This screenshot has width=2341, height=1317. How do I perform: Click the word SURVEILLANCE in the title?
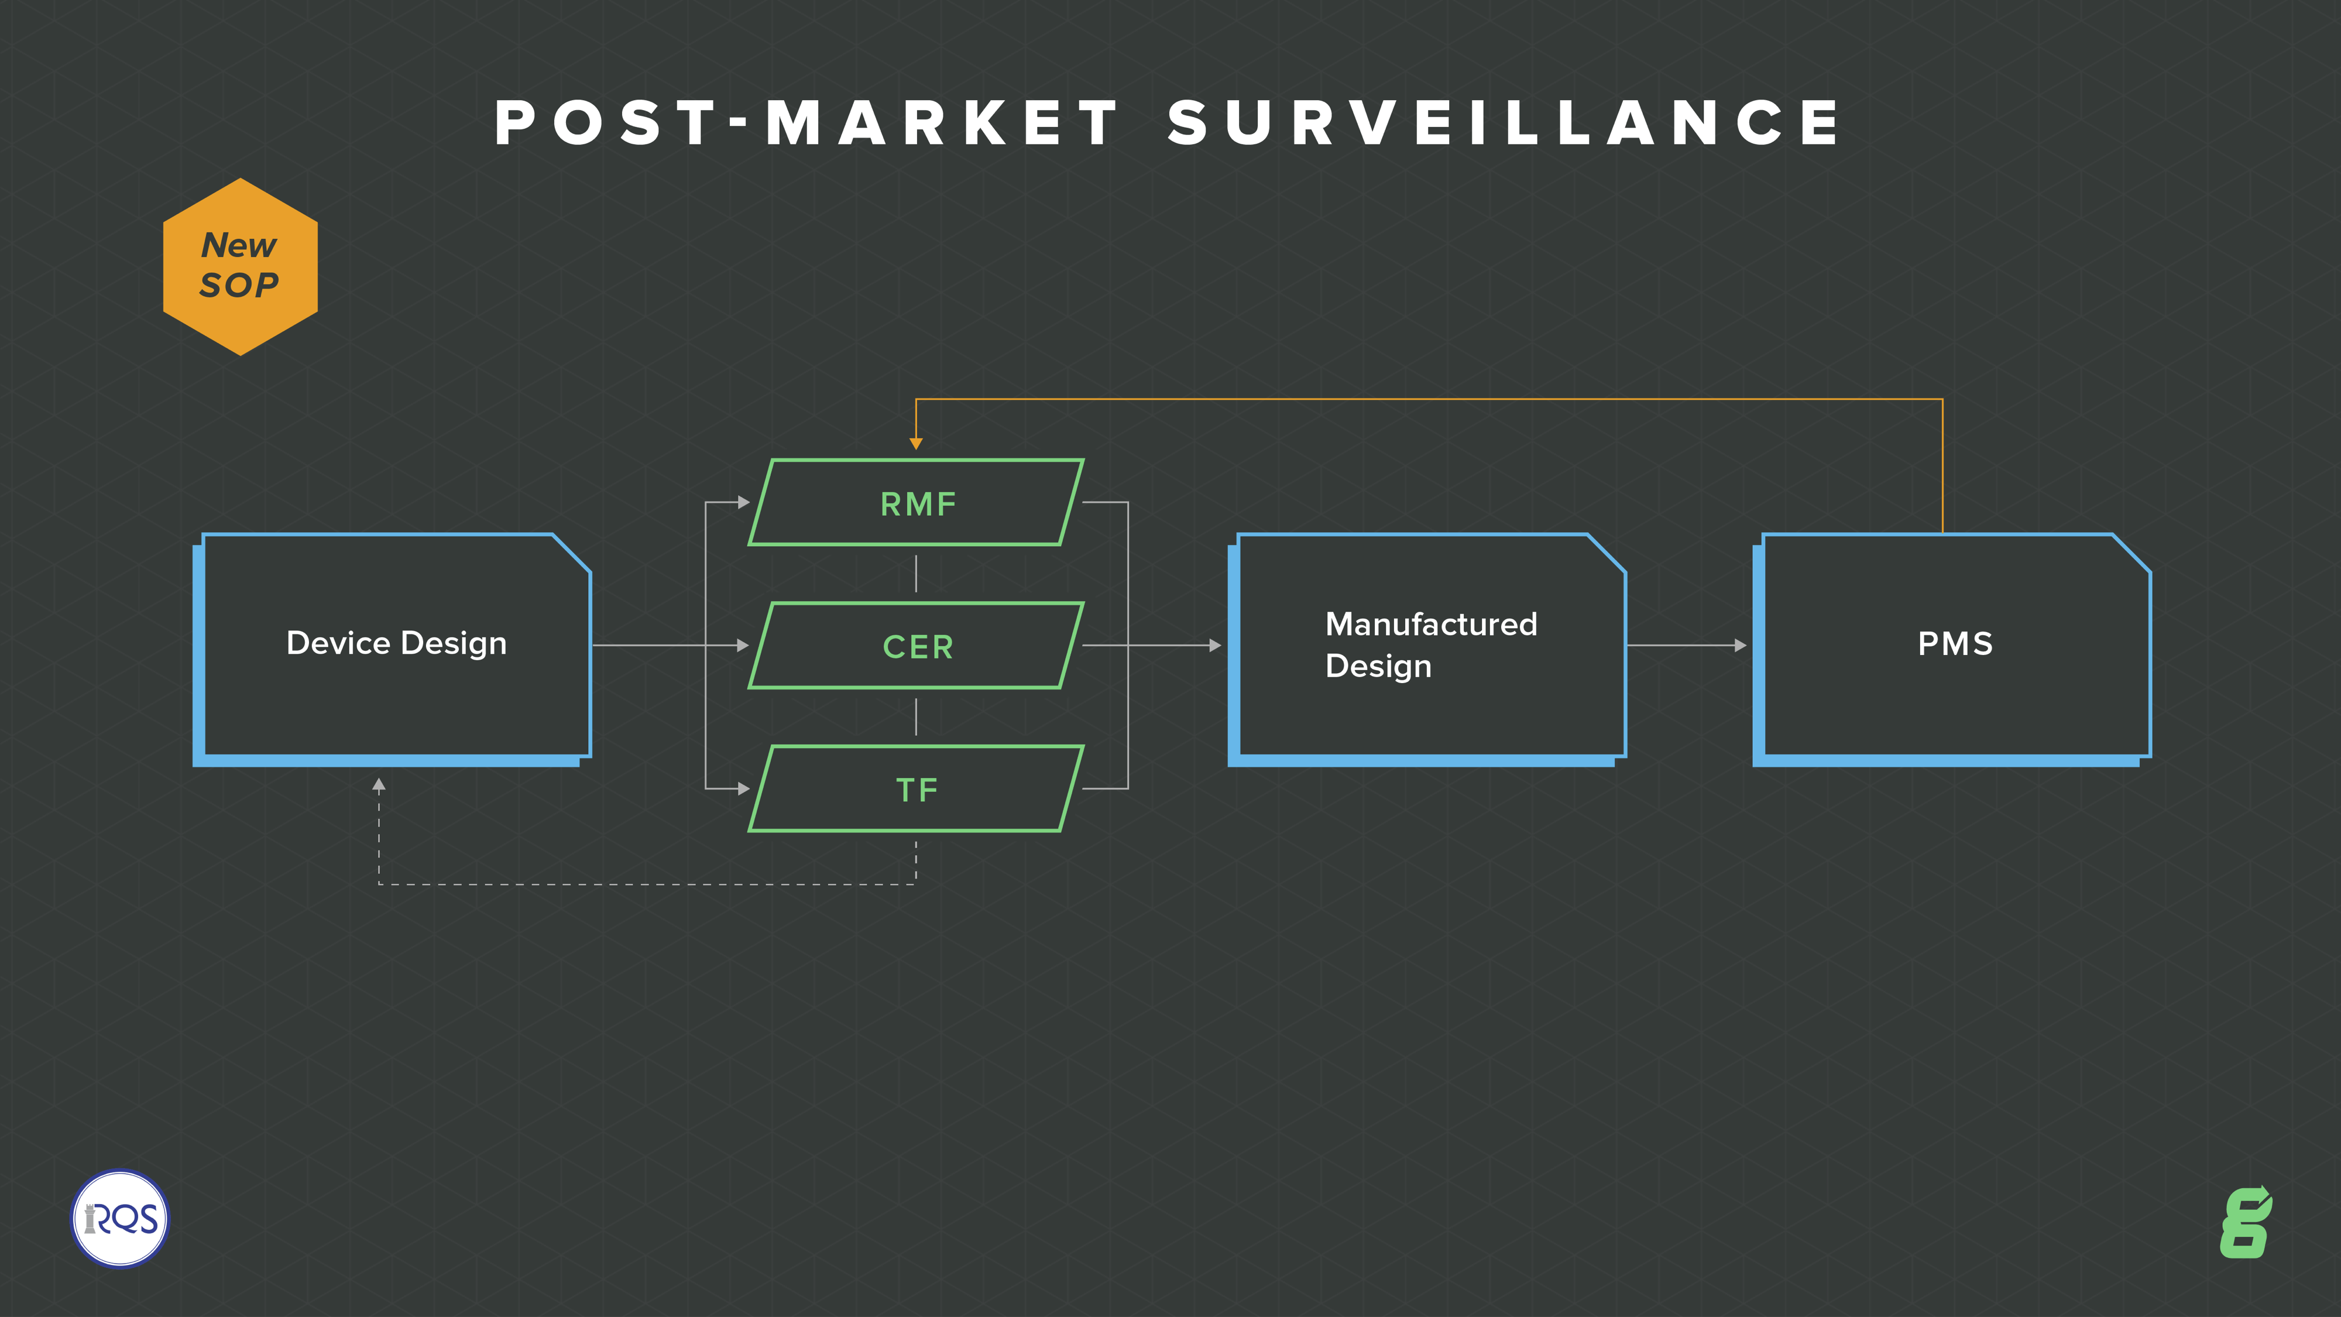[1504, 123]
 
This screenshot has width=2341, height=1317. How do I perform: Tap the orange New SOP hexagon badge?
[240, 266]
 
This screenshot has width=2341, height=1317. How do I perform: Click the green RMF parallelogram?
[916, 503]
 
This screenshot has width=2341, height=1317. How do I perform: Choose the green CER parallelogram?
[916, 645]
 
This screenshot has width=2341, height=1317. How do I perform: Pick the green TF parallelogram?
[916, 789]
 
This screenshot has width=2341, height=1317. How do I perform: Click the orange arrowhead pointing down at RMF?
[916, 444]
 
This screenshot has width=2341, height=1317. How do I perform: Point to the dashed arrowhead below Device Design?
[379, 784]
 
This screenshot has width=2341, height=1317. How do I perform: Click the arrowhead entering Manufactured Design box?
[1215, 645]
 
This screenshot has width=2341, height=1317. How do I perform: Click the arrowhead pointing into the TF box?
[743, 789]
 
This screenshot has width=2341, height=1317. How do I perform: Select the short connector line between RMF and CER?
[916, 574]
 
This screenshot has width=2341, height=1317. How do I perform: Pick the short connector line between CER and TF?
[916, 716]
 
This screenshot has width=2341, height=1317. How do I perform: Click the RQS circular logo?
[120, 1218]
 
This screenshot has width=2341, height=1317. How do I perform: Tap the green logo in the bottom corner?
[2246, 1223]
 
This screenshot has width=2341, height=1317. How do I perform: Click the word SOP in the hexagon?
[239, 286]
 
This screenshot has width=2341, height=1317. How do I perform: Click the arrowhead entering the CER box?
[743, 645]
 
